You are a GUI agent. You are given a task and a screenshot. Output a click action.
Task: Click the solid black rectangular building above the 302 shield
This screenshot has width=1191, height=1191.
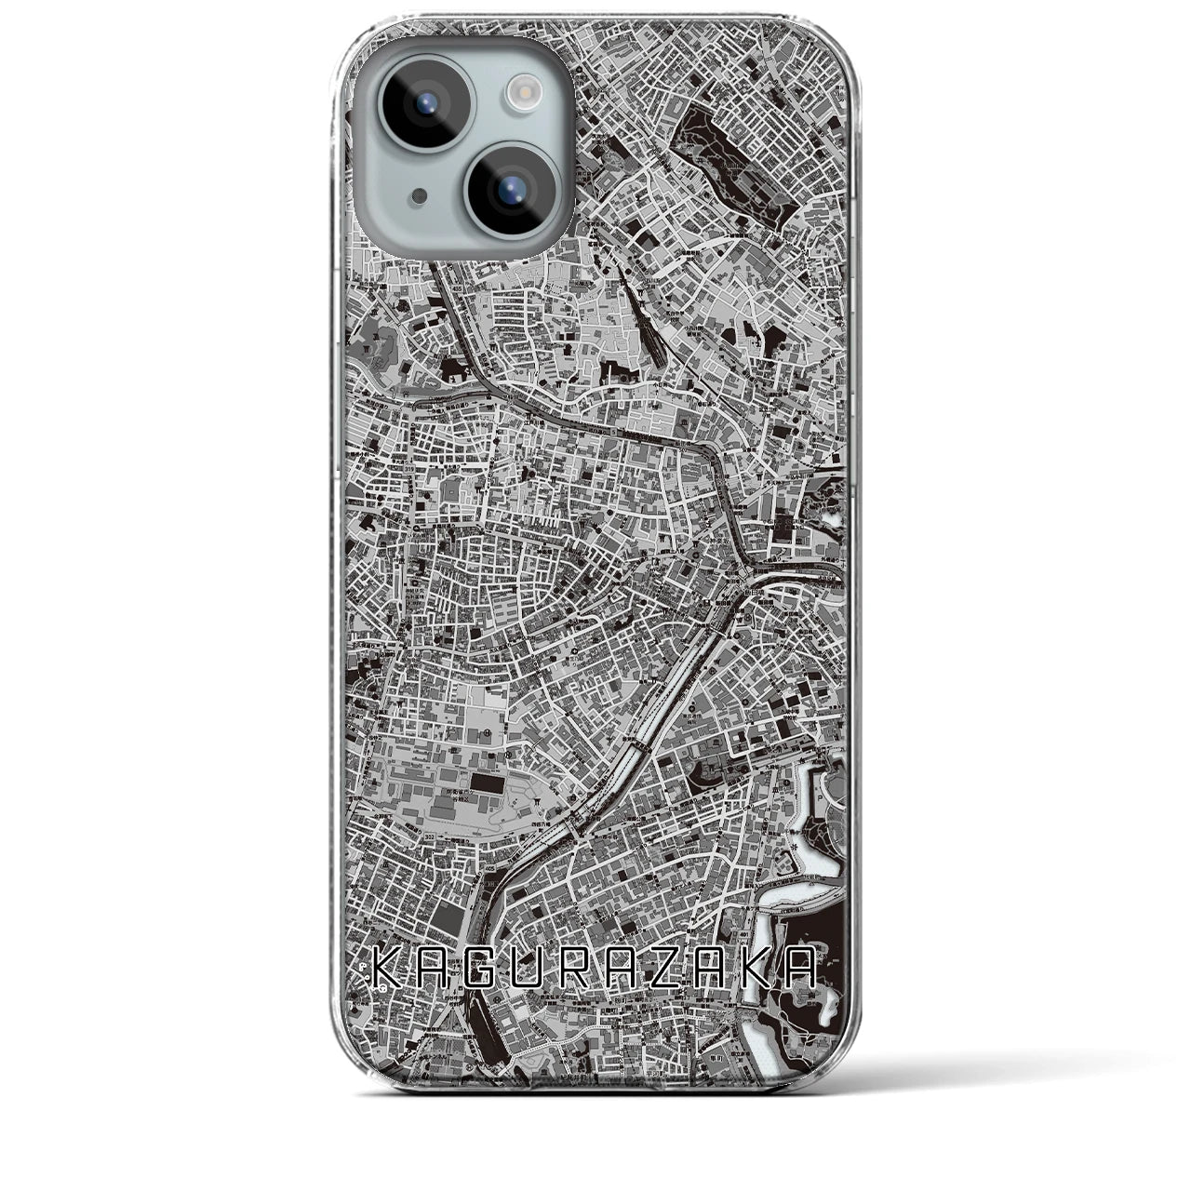click(483, 781)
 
